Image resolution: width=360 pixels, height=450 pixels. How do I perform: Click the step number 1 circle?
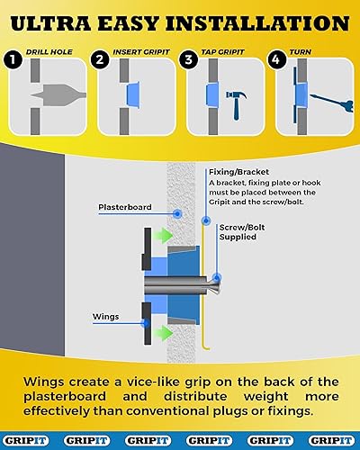pos(13,59)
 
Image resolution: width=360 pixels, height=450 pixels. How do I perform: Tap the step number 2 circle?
pos(100,59)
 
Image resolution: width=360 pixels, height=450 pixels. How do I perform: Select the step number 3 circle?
pos(188,59)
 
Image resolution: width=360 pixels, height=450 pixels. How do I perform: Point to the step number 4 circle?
pos(276,59)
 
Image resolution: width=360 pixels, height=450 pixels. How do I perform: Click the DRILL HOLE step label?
pos(49,52)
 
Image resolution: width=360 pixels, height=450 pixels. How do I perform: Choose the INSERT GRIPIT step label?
pos(141,52)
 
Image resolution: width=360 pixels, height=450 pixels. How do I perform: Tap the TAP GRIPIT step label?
pos(222,52)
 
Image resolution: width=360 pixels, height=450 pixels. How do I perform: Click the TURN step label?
pos(301,52)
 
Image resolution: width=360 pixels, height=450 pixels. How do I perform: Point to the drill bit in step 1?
pos(58,95)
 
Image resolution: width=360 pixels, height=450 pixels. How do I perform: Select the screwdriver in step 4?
pos(332,103)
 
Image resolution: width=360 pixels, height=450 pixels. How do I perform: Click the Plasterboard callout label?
pos(125,207)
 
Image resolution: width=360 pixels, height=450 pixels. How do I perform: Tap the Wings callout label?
pos(105,317)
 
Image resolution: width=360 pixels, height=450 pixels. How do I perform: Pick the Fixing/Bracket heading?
pos(238,172)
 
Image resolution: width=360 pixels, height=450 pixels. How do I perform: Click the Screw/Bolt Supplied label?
pos(242,232)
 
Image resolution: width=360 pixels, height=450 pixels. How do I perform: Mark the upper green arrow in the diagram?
pos(164,236)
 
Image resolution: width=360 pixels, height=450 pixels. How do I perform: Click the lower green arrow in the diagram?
pos(164,333)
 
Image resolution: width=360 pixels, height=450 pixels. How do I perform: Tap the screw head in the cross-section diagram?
pos(214,284)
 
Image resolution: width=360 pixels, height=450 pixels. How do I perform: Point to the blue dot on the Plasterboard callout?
pos(177,214)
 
